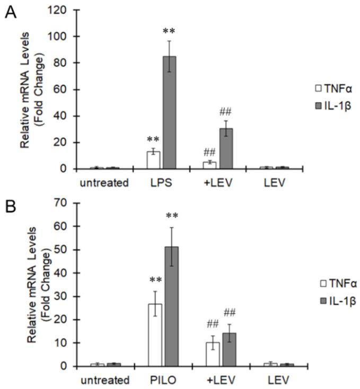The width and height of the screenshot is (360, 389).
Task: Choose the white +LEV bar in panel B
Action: [x=213, y=353]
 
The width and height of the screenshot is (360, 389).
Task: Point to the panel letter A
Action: [x=10, y=12]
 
